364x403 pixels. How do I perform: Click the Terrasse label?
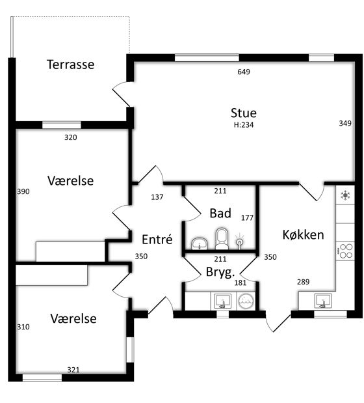coord(71,64)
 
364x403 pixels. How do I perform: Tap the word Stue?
coord(244,113)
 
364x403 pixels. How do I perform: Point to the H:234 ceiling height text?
coord(244,125)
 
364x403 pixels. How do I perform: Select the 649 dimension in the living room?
coord(244,72)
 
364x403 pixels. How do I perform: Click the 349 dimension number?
coord(345,123)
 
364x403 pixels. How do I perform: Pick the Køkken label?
coord(303,234)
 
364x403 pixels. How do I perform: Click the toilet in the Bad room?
coord(222,239)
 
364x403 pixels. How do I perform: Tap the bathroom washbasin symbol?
coord(200,243)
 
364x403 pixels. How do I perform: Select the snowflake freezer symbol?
coord(345,195)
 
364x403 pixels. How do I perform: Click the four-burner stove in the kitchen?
coord(345,251)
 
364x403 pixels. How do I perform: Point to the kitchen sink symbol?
coord(323,301)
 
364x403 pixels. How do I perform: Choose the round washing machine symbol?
coord(246,301)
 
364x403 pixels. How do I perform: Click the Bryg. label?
coord(220,272)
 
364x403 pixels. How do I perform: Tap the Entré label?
coord(157,240)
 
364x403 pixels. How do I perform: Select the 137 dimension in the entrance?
coord(157,197)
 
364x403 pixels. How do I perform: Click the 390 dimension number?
coord(23,191)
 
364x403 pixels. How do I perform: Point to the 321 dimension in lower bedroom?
coord(73,370)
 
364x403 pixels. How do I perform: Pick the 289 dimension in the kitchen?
coord(303,282)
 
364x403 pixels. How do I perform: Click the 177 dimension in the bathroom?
coord(247,218)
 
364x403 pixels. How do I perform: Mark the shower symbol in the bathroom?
coord(239,241)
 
